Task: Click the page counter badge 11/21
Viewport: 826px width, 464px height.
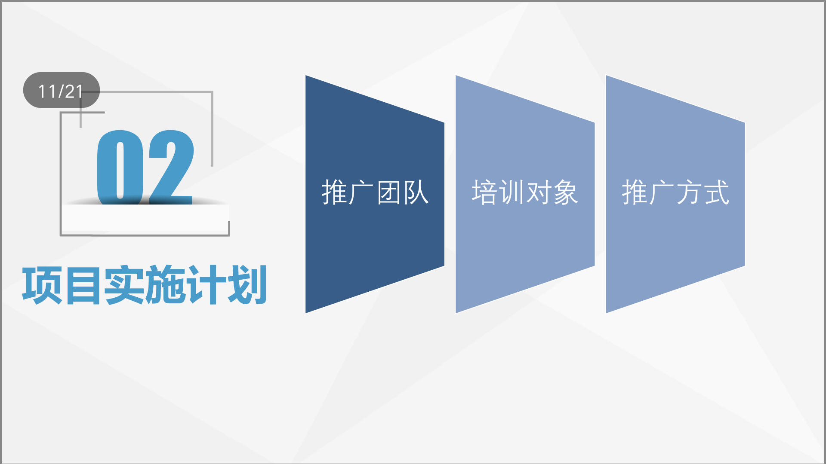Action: [61, 90]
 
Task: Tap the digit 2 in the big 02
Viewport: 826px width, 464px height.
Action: [171, 167]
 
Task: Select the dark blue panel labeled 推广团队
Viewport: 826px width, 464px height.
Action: [375, 194]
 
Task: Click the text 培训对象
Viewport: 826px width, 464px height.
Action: [525, 192]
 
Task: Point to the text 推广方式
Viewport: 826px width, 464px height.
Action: [675, 192]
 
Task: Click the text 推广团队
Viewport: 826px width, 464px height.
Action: [375, 192]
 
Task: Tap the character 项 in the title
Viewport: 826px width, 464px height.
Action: [43, 285]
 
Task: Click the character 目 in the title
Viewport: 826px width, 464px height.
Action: [83, 285]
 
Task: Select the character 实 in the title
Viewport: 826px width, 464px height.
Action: [124, 285]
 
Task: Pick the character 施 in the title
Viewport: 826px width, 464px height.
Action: [165, 285]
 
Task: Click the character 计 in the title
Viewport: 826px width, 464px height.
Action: [206, 285]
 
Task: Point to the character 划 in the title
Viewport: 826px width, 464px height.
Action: [247, 285]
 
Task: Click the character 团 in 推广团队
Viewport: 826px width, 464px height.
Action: [389, 192]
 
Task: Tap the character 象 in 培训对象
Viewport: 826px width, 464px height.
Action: [566, 192]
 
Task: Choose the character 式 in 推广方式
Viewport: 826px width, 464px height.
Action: [716, 192]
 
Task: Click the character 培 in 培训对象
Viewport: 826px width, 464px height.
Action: [484, 192]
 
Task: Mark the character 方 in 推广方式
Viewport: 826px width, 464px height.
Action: [689, 192]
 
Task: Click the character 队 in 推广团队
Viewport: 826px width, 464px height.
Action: [416, 192]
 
